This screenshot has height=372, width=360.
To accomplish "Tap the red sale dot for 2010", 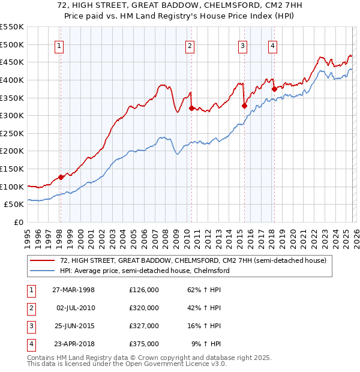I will click(191, 109).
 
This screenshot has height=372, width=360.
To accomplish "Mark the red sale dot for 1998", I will click(61, 177).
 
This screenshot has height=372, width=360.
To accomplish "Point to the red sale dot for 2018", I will click(274, 89).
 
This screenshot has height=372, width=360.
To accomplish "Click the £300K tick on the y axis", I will click(12, 115).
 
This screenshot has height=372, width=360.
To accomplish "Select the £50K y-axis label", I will click(14, 205).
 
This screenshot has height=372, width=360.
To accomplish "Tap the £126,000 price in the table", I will click(144, 290).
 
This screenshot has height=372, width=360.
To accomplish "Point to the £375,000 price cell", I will click(144, 344).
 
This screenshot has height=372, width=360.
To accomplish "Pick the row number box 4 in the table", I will click(29, 344).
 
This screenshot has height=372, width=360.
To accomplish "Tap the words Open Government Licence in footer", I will click(175, 364).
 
